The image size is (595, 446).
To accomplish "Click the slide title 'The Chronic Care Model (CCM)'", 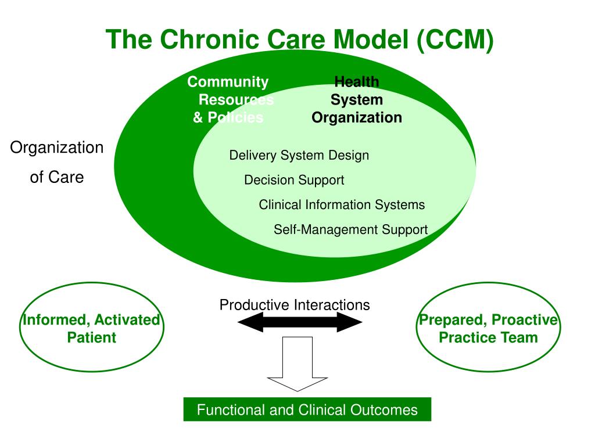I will (x=299, y=40).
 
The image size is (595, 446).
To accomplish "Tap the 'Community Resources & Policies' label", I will (x=229, y=100).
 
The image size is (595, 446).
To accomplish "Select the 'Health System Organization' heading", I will (x=357, y=100).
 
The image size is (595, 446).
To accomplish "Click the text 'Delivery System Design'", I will (x=299, y=156).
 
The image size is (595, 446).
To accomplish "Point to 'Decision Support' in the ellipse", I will (x=294, y=180).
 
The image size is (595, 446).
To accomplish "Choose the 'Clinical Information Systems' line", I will (x=342, y=205).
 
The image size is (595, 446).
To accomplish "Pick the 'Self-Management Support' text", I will (x=350, y=229).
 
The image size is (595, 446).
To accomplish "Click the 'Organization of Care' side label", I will (x=57, y=162).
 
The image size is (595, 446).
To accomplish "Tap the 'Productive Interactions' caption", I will (x=294, y=305).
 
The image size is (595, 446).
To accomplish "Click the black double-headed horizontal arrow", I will (x=300, y=322).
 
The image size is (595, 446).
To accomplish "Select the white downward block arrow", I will (x=297, y=365).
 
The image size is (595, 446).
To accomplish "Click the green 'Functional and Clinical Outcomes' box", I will (x=307, y=410).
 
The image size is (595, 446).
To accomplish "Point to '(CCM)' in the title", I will (x=455, y=40).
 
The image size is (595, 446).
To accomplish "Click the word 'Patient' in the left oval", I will (x=91, y=337).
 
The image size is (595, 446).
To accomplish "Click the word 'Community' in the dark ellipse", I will (x=228, y=82).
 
